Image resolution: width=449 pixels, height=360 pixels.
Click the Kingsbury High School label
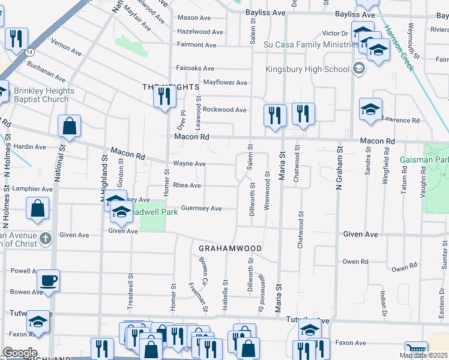click(308, 69)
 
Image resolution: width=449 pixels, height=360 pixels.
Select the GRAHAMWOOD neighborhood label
click(230, 248)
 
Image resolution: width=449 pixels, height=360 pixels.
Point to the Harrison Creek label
click(399, 47)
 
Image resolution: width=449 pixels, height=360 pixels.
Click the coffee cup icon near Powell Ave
click(48, 280)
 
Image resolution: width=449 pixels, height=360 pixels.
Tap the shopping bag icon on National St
click(69, 127)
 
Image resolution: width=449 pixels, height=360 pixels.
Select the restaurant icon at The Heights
click(164, 96)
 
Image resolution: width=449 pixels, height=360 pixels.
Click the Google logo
click(19, 353)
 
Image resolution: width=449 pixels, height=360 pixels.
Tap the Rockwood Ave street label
click(224, 110)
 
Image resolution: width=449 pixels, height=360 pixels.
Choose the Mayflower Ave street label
click(225, 82)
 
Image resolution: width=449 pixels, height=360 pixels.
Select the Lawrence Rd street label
click(401, 121)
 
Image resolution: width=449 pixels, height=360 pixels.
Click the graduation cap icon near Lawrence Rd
click(370, 110)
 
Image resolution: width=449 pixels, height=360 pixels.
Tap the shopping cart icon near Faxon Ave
click(415, 350)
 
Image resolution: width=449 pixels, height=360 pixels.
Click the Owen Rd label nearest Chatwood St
click(355, 262)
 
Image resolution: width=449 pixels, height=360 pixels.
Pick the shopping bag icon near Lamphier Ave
click(37, 209)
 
